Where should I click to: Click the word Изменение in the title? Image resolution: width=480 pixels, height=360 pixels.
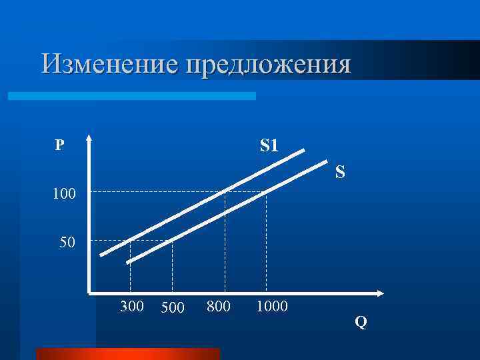(x=111, y=65)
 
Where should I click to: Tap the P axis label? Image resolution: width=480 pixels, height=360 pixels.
(x=60, y=145)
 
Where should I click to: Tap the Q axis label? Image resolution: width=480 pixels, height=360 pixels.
(x=361, y=323)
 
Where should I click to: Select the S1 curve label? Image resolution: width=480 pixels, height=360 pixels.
(x=269, y=145)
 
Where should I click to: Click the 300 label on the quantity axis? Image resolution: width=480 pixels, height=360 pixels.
(x=131, y=307)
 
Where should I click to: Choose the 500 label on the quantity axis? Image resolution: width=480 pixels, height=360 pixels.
(x=173, y=308)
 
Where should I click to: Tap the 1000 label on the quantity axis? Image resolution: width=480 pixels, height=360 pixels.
(x=271, y=307)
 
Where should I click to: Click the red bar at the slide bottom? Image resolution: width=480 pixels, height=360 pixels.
(x=127, y=353)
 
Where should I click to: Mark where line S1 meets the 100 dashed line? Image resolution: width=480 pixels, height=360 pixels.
(x=225, y=192)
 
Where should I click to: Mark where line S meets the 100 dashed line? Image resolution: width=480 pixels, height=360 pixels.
(x=266, y=192)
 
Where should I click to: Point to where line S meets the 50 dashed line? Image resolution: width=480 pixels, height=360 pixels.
(x=172, y=241)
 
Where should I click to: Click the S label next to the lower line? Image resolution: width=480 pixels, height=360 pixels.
(x=340, y=173)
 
